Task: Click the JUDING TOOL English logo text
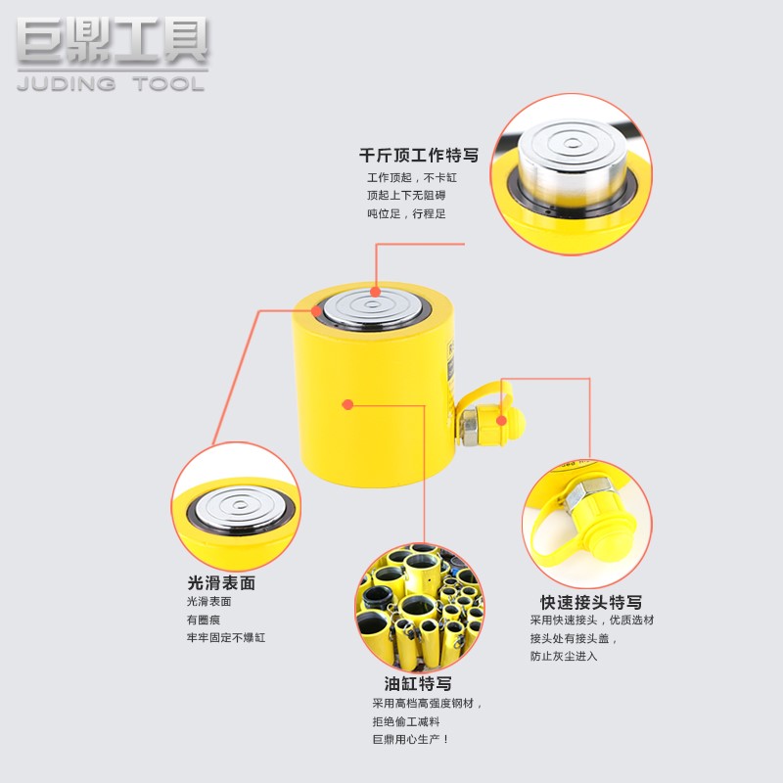click(x=111, y=84)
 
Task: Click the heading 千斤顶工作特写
click(x=418, y=155)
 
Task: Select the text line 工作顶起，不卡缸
click(x=411, y=178)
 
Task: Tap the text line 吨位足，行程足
click(x=406, y=213)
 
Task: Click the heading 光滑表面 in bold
click(x=221, y=582)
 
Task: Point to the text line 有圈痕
click(x=205, y=620)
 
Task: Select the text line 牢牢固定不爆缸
click(x=226, y=637)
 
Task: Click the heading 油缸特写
click(x=418, y=683)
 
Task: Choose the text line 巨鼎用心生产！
click(x=410, y=739)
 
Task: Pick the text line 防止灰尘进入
click(x=564, y=656)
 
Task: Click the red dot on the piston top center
click(x=376, y=291)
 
